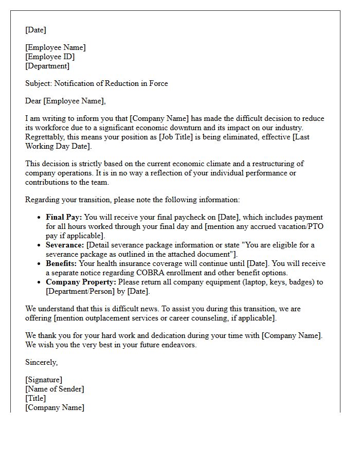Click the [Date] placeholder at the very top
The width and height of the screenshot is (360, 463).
(x=35, y=30)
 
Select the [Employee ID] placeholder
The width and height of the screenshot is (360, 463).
(x=50, y=57)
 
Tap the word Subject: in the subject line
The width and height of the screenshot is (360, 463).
(x=39, y=83)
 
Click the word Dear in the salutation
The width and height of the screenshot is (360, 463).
(x=33, y=101)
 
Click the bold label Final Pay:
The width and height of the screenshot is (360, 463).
(x=64, y=217)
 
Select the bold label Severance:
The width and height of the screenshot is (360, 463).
(x=65, y=245)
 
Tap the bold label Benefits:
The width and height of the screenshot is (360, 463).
(x=63, y=263)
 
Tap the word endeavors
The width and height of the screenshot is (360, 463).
(x=178, y=345)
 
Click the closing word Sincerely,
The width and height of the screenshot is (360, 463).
(x=41, y=362)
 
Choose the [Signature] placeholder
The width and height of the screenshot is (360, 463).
(x=44, y=380)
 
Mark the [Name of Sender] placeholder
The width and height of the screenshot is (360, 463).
(x=55, y=389)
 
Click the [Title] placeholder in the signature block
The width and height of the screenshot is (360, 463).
(x=35, y=398)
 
